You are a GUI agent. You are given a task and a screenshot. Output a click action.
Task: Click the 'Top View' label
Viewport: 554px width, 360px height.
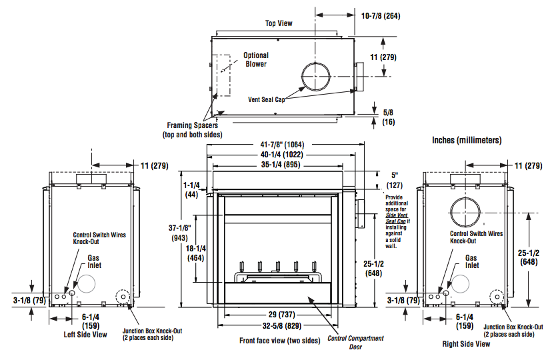[279, 23]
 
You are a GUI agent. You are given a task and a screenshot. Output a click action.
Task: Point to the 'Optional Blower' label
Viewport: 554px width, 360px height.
[255, 59]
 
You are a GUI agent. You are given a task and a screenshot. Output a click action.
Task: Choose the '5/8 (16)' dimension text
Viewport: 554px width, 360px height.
[389, 117]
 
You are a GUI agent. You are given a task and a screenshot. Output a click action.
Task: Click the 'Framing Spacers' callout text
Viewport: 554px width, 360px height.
[193, 129]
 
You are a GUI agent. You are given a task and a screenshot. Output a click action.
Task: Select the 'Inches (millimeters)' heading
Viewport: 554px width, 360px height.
[467, 140]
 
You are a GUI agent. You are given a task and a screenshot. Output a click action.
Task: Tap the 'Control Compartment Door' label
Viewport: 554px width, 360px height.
[355, 343]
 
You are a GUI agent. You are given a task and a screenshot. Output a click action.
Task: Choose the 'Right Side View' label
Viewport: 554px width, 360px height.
[466, 344]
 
